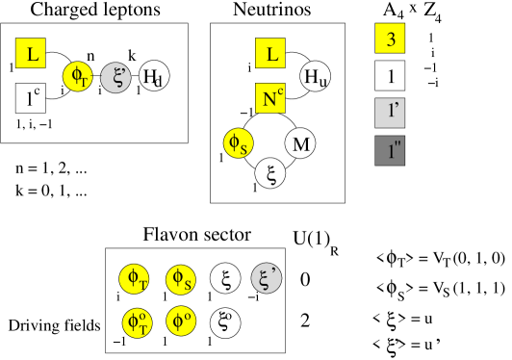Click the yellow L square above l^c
[x=31, y=54]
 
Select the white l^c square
[x=31, y=97]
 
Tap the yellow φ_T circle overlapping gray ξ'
[x=78, y=77]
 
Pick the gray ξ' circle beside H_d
[x=116, y=77]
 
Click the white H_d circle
[x=154, y=77]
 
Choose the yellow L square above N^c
[x=270, y=54]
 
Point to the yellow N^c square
[x=270, y=97]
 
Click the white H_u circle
[x=316, y=77]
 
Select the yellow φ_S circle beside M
[x=238, y=143]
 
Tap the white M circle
[x=300, y=143]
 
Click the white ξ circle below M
[x=270, y=173]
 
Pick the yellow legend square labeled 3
[x=390, y=39]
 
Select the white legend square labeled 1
[x=390, y=75]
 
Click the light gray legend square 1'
[x=390, y=113]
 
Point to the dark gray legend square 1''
[x=390, y=151]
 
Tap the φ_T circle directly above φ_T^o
[x=135, y=279]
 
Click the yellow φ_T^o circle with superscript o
[x=138, y=321]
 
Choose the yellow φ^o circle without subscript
[x=180, y=321]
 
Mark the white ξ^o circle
[x=225, y=321]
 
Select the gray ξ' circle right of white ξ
[x=267, y=279]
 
